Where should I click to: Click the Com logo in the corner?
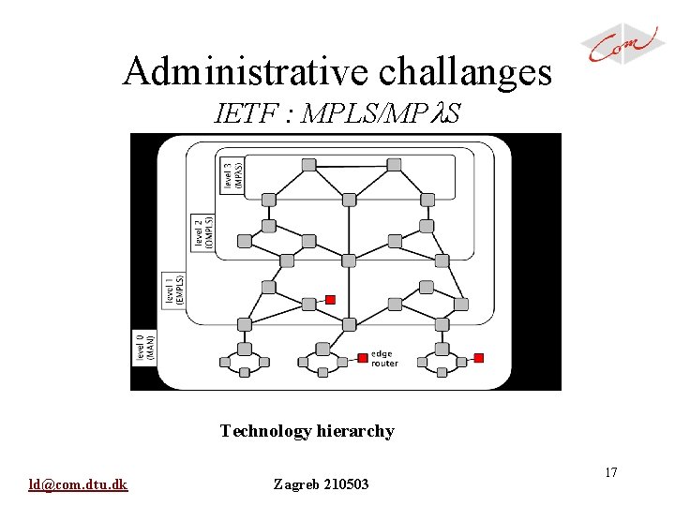623,44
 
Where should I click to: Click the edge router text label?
384,358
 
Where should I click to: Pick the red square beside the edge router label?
363,357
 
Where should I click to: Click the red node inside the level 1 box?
330,300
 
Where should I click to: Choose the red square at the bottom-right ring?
479,357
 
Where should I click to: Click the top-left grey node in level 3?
308,165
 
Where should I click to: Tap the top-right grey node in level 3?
395,165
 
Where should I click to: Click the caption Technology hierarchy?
307,431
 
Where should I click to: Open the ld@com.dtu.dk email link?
79,484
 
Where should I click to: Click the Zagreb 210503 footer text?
321,484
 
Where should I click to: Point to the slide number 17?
610,472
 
